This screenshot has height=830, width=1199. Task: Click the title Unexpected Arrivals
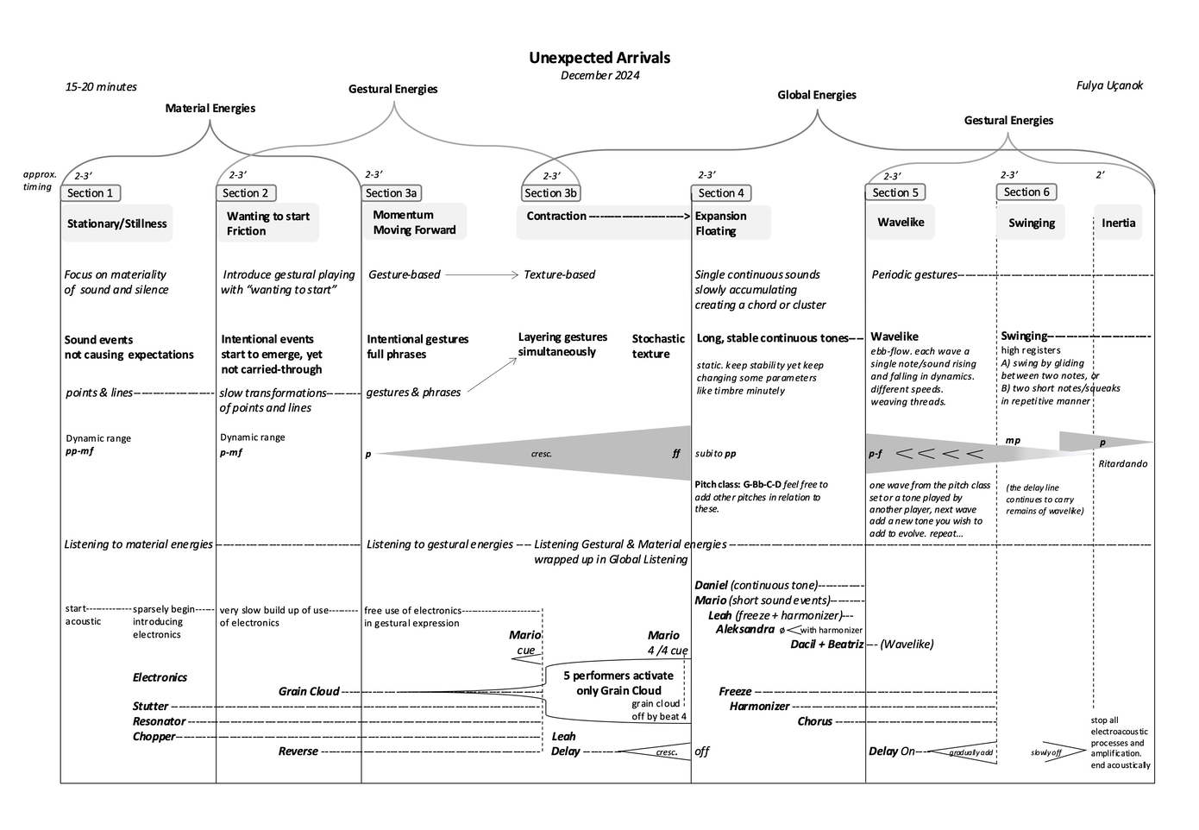click(599, 58)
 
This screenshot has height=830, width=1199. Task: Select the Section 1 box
click(91, 193)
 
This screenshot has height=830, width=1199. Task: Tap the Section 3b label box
click(550, 193)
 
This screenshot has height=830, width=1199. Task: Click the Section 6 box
click(1026, 192)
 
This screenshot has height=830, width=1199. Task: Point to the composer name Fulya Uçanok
click(1109, 85)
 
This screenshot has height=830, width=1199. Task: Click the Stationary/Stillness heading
click(117, 223)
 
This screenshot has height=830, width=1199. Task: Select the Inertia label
click(1118, 223)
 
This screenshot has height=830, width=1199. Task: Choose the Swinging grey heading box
click(1032, 223)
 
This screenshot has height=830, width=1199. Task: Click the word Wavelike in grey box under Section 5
click(901, 222)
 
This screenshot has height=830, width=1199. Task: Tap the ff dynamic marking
click(676, 453)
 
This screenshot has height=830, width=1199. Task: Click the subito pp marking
click(716, 453)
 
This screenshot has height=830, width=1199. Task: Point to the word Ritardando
click(1123, 463)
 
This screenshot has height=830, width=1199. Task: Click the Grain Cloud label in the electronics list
click(309, 691)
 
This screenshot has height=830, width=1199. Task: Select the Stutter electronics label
click(151, 706)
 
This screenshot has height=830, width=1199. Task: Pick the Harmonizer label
click(759, 706)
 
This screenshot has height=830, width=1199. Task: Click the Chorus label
click(814, 721)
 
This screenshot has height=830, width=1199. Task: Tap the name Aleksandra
click(745, 629)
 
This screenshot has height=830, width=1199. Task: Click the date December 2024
click(599, 75)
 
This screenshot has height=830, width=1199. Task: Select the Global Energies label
click(817, 95)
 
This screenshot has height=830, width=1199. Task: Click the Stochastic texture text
click(658, 346)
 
